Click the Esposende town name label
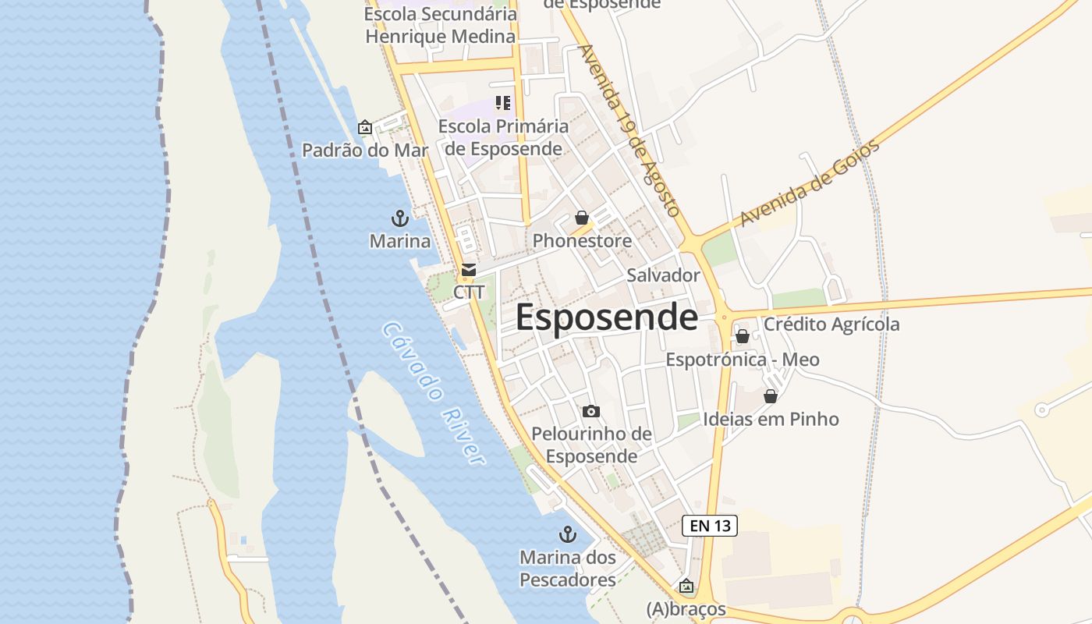tap(606, 317)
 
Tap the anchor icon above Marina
tap(399, 218)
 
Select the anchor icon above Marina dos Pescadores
tap(567, 535)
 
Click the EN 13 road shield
tap(709, 526)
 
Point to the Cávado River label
tap(434, 393)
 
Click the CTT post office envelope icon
tap(468, 270)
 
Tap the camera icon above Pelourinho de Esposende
tap(591, 411)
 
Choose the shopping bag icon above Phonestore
tap(582, 218)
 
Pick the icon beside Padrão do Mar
tap(365, 127)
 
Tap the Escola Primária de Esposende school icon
tap(503, 102)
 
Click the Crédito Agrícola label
tap(831, 324)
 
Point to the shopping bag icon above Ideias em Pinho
tap(771, 396)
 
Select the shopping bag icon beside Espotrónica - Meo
tap(743, 336)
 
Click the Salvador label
tap(663, 275)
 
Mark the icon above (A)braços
tap(686, 586)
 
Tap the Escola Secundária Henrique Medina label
tap(441, 25)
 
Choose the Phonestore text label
tap(582, 241)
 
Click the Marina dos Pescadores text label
tap(568, 569)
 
